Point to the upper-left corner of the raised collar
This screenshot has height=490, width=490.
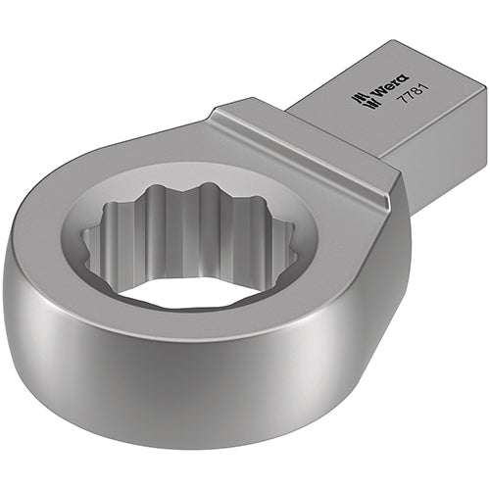click(218, 109)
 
